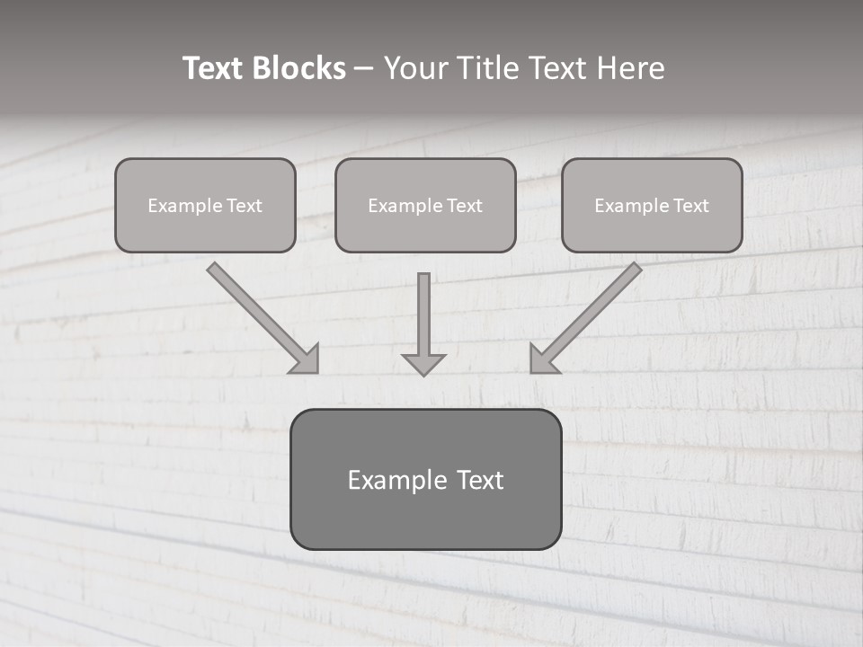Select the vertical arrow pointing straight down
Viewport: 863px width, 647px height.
[x=423, y=315]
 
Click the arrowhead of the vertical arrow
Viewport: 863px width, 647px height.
[x=423, y=364]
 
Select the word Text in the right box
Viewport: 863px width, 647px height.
[x=690, y=206]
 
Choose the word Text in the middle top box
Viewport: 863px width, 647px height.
[x=464, y=206]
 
